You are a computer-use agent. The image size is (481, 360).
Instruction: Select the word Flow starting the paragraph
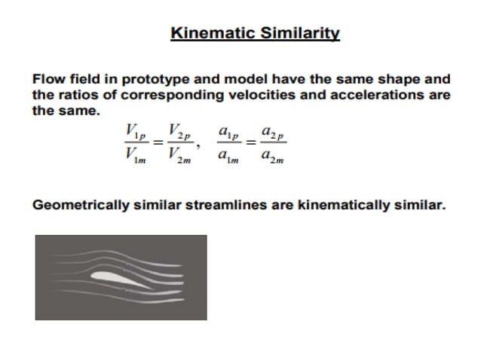point(48,79)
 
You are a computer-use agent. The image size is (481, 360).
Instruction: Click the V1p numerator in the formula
point(136,133)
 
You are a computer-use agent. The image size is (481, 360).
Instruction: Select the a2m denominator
point(272,157)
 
